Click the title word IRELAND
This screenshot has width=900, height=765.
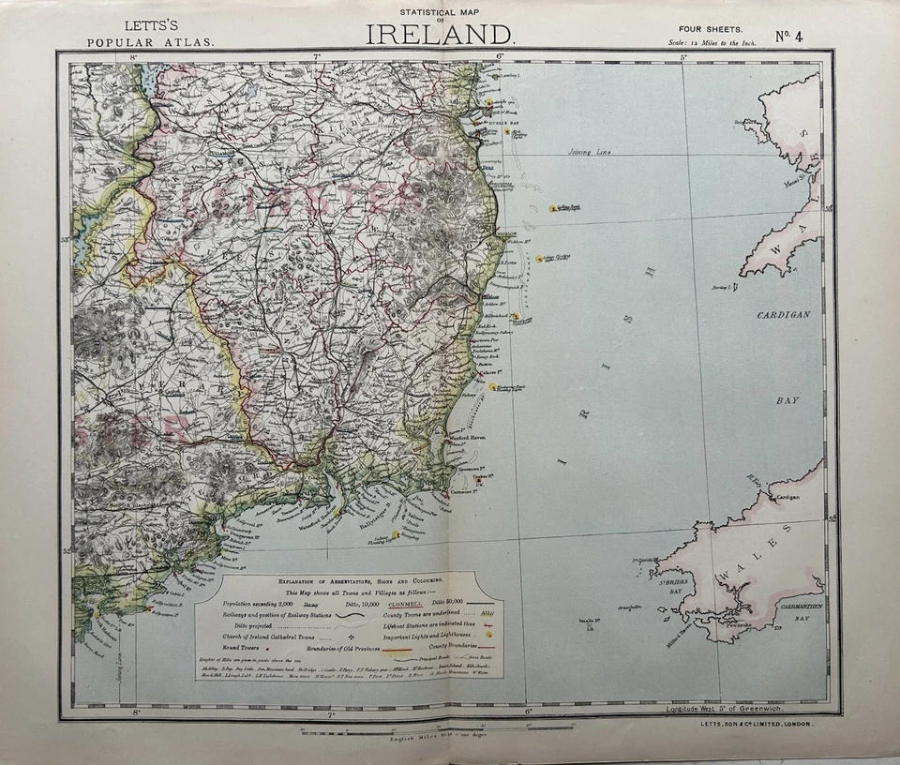click(440, 35)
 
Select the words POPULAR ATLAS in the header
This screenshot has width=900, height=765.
click(150, 42)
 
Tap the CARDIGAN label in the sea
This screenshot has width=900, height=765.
click(784, 315)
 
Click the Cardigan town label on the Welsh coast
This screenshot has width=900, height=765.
click(787, 497)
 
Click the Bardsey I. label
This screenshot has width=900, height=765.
click(723, 288)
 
